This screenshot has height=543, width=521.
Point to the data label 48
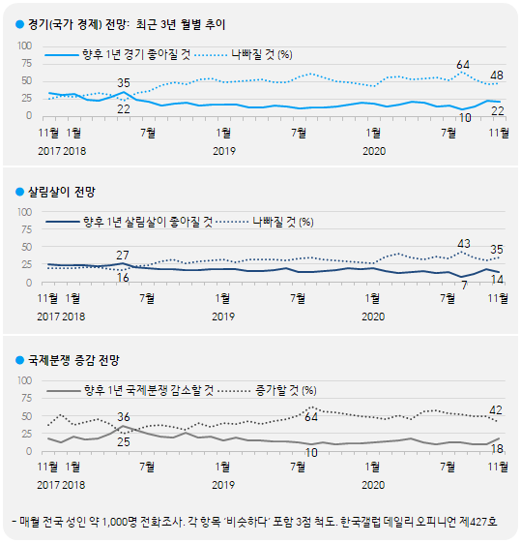coord(496,75)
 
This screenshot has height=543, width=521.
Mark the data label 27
coord(123,255)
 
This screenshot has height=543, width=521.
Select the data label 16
coord(123,278)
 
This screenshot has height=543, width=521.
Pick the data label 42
coord(496,410)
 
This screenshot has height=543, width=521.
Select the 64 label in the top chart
coord(463,64)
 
